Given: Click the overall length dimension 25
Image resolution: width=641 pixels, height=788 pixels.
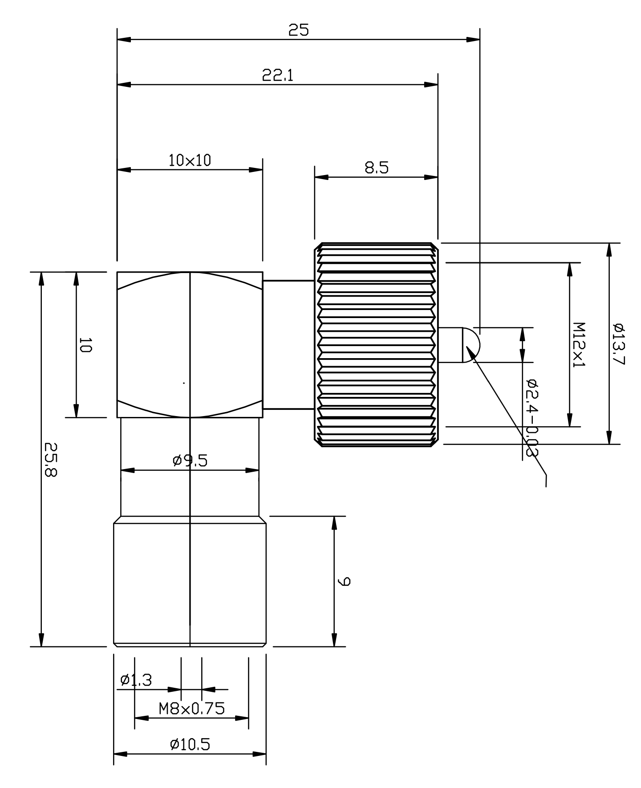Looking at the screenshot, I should pyautogui.click(x=298, y=30).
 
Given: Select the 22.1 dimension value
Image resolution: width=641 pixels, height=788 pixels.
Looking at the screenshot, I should pyautogui.click(x=277, y=75).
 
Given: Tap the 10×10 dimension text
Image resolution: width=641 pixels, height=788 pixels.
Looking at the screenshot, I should pyautogui.click(x=190, y=160).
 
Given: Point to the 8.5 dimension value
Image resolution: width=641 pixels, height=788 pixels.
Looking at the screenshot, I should pyautogui.click(x=377, y=168).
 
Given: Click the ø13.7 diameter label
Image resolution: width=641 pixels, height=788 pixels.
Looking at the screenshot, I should pyautogui.click(x=619, y=343).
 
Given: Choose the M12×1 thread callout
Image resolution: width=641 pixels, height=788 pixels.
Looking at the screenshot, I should pyautogui.click(x=579, y=344).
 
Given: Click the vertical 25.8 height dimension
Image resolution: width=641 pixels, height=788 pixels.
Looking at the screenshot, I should pyautogui.click(x=51, y=459).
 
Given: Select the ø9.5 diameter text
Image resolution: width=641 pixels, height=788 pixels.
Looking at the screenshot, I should pyautogui.click(x=190, y=460).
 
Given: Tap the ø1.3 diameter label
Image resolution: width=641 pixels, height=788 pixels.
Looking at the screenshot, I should pyautogui.click(x=136, y=680).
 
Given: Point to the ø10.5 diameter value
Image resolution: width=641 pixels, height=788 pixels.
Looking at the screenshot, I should pyautogui.click(x=190, y=744).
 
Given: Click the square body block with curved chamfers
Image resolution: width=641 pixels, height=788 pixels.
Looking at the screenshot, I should pyautogui.click(x=190, y=344).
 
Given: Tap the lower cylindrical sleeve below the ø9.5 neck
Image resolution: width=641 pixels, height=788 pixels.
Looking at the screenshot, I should pyautogui.click(x=190, y=584).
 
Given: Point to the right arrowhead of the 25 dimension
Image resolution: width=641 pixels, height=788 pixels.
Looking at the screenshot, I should pyautogui.click(x=474, y=40).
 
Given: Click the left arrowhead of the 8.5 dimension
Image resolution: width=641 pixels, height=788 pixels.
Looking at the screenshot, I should pyautogui.click(x=321, y=177).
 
